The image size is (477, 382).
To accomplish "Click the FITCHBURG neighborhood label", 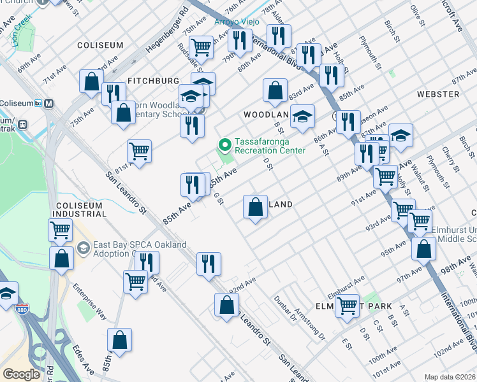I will tap(153, 81).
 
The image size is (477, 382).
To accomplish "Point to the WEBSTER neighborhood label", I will tap(438, 94).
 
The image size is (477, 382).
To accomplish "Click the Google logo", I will tap(21, 374).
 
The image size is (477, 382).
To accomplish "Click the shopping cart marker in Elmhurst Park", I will tap(348, 305).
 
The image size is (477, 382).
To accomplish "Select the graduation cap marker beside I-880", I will tap(6, 294).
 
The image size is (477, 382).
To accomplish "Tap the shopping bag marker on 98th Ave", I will tap(423, 249).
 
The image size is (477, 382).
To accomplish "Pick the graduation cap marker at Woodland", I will tap(304, 116).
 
